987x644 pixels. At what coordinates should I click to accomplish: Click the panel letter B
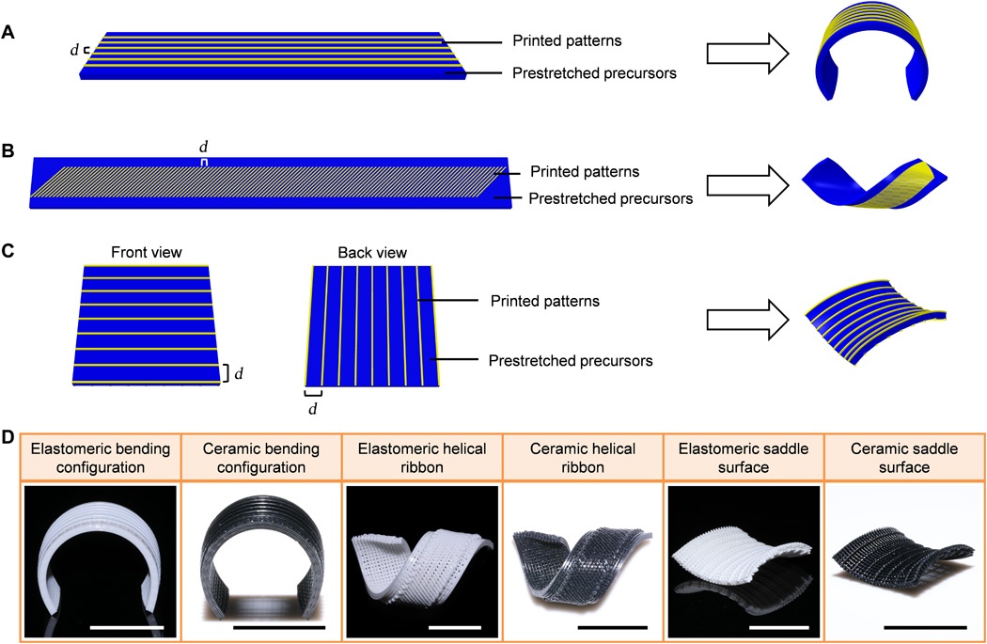pos(9,148)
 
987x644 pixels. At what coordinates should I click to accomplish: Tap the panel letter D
pos(9,436)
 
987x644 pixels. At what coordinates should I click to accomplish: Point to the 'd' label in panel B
pos(202,147)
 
